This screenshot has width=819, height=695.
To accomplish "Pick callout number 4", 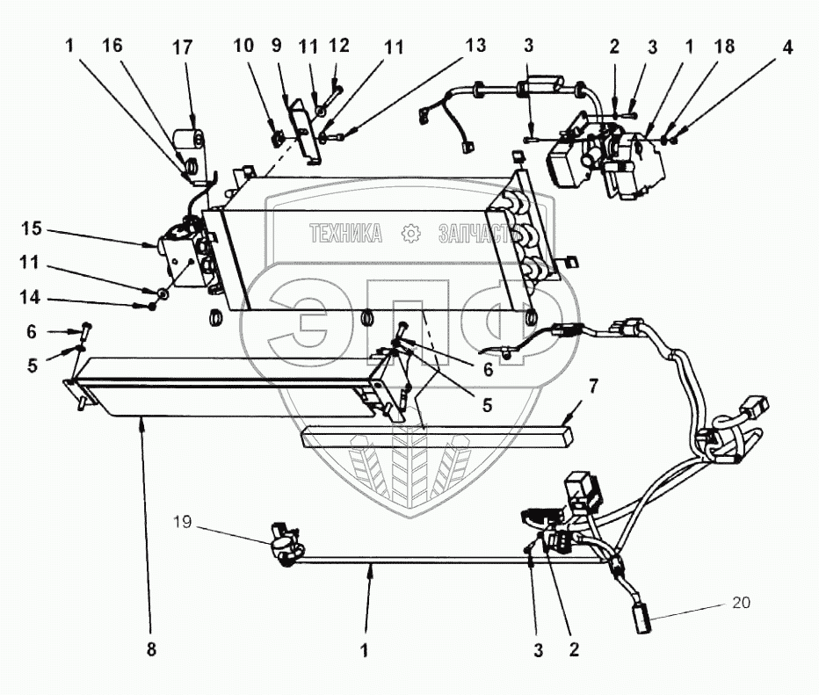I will tap(788, 47).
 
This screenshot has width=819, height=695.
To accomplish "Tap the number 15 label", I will tap(32, 230).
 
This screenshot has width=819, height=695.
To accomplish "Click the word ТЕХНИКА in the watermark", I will tap(344, 234).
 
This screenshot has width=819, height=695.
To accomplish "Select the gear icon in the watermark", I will tap(409, 234).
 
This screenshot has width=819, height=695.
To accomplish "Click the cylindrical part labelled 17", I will tap(187, 141).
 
